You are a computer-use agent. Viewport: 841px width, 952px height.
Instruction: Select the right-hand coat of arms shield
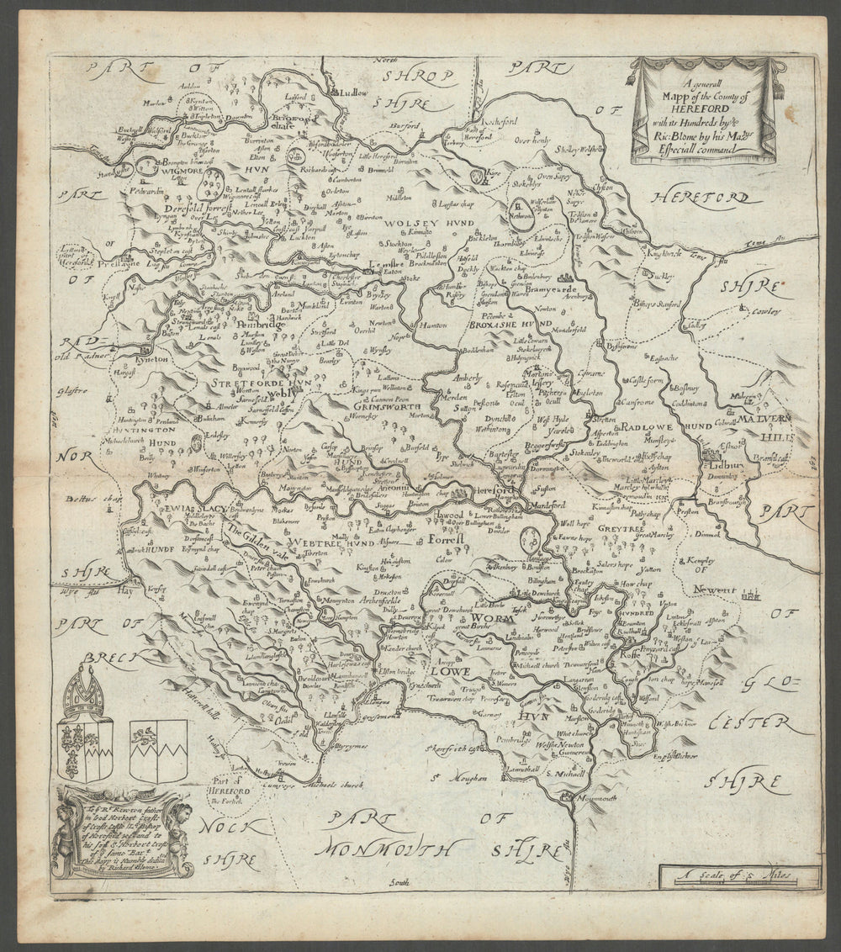pyautogui.click(x=158, y=750)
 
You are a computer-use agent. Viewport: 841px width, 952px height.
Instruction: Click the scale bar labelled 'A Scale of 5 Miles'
pyautogui.click(x=738, y=875)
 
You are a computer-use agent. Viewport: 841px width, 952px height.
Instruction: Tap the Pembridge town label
pyautogui.click(x=236, y=322)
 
